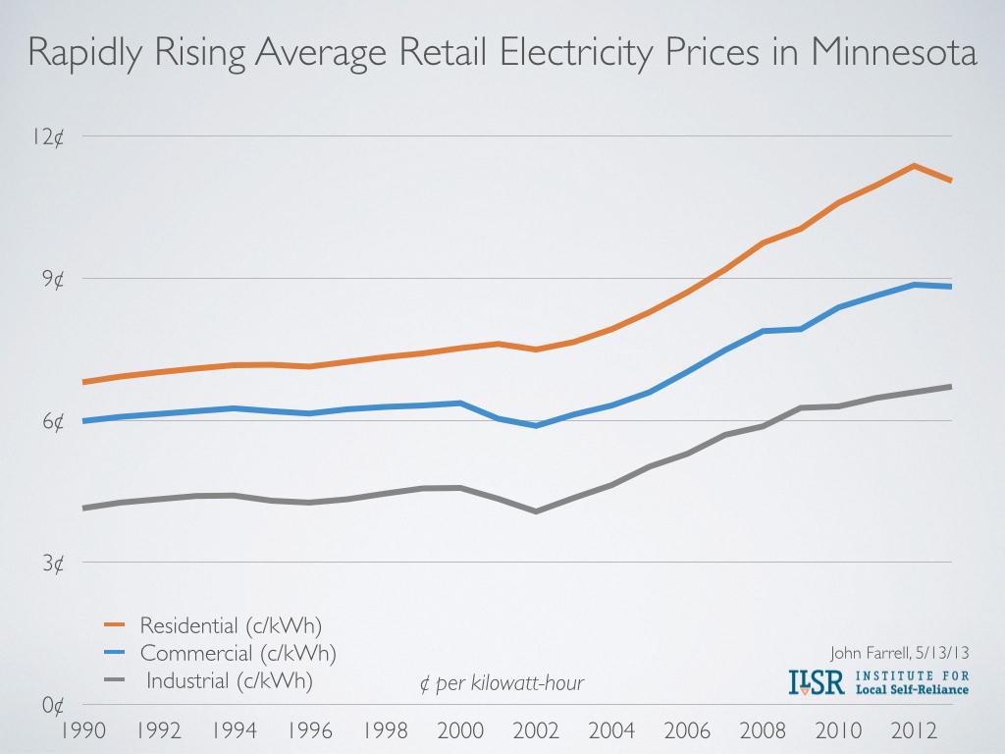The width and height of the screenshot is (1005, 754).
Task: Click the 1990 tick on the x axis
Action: point(83,731)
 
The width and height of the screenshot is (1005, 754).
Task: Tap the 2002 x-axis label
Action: point(537,731)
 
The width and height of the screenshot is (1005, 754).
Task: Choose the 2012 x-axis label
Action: point(914,731)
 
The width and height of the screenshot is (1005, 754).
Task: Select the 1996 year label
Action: point(310,731)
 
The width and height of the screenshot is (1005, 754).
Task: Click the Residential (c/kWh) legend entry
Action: point(231,624)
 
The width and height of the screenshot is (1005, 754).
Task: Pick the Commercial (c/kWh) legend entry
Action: point(238,653)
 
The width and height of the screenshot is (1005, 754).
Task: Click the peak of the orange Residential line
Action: point(914,165)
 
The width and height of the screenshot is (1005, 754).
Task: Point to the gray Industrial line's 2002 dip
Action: point(536,512)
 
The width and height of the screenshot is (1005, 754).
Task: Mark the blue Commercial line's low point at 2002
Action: point(536,426)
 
